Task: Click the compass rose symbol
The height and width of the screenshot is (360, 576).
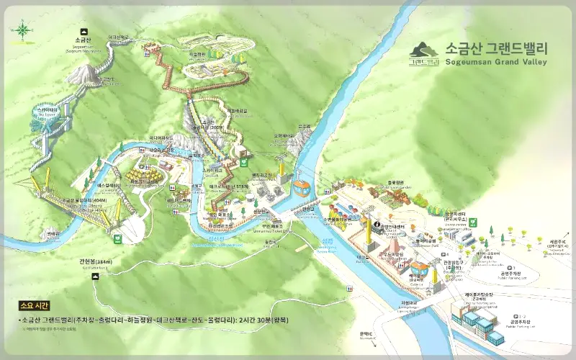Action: pyautogui.click(x=22, y=30)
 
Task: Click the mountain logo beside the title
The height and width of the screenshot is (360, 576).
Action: pyautogui.click(x=425, y=53)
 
